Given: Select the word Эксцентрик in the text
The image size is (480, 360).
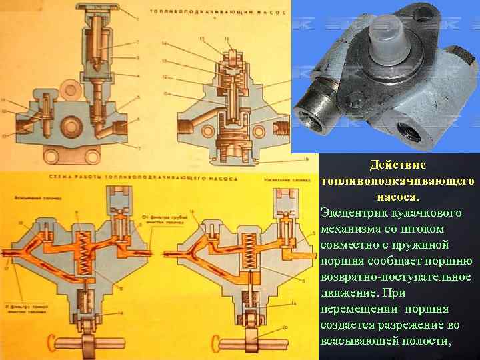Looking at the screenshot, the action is [x=352, y=213].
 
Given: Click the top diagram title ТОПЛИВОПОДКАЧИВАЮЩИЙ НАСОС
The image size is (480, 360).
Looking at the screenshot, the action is [x=217, y=12].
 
